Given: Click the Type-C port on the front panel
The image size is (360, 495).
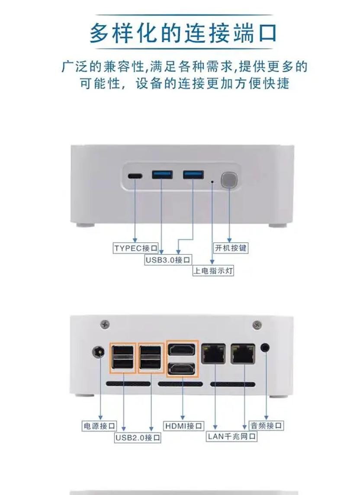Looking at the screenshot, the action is tap(135, 176).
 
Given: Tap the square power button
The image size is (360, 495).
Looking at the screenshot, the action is tap(229, 180).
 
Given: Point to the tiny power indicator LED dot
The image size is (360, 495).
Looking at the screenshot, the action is tap(212, 182).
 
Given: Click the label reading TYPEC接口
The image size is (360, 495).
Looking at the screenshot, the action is tap(136, 248).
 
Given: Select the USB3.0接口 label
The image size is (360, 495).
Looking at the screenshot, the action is tap(168, 260).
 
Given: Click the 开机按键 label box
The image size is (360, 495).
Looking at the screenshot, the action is tap(231, 248).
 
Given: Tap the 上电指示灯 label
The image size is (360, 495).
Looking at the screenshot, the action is tap(213, 270).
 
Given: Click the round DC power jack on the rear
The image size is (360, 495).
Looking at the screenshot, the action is tap(98, 352).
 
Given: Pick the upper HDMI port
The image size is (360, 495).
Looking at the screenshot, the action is tap(182, 350).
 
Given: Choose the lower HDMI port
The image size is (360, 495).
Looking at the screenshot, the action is tap(182, 368).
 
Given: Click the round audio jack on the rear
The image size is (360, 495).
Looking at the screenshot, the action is tap(266, 348).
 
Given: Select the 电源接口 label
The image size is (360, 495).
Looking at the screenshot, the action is tap(99, 426).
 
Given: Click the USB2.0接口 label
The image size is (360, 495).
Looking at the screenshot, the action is tap(138, 437).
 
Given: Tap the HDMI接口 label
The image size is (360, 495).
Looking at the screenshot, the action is tap(183, 426).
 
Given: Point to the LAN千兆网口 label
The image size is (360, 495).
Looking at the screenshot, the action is tap(231, 436).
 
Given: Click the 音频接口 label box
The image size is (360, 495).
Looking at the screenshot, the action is tap(266, 425).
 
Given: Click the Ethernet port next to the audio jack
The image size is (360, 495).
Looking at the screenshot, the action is tap(243, 354).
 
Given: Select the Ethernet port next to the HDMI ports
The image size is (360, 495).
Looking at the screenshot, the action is tap(213, 354).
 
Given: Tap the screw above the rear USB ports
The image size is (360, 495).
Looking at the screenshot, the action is tap(105, 324).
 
